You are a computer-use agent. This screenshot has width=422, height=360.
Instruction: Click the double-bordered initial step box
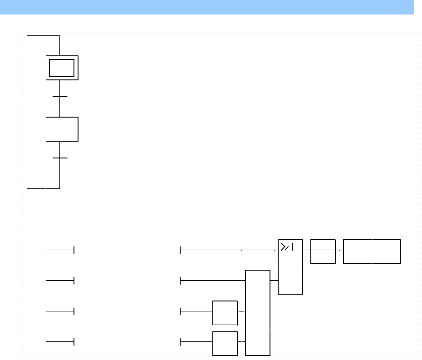62,68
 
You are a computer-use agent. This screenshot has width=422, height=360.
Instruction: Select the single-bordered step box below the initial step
62,129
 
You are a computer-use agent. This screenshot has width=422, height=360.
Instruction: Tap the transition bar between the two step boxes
60,97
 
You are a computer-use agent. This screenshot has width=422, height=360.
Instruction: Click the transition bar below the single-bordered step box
60,158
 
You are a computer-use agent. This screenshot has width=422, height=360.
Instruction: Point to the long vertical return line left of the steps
27,113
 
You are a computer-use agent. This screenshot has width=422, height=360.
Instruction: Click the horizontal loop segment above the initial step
44,35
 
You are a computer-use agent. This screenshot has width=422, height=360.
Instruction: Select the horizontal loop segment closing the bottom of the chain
44,188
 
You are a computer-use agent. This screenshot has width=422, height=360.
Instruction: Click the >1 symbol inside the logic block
287,247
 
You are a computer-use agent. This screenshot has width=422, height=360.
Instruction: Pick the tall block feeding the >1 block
258,313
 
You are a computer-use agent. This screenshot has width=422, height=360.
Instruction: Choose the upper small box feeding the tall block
225,313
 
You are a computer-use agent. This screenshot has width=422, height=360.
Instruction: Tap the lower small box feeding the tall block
225,343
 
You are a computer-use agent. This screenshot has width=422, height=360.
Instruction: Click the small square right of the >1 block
323,251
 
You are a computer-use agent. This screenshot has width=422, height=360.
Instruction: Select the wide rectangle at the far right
372,251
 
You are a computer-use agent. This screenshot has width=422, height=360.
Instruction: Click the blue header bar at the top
207,7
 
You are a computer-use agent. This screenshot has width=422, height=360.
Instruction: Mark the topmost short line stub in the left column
59,250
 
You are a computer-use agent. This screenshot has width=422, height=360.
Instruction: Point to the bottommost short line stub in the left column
59,342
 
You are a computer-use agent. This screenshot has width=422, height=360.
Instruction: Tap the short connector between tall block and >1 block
274,281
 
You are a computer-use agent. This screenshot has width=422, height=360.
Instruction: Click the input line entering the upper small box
196,312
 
